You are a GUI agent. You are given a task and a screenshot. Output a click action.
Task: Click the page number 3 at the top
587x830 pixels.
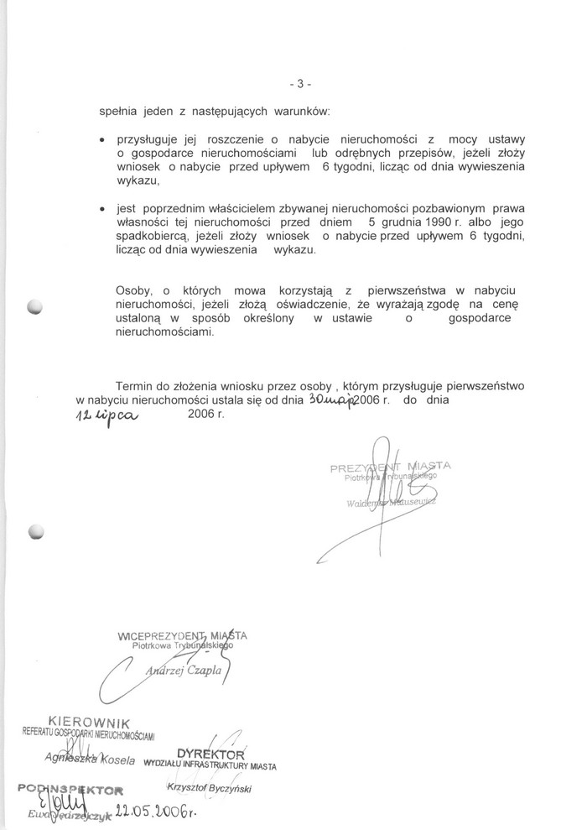pos(299,84)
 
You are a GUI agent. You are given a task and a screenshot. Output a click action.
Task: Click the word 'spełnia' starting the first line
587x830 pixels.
pos(117,111)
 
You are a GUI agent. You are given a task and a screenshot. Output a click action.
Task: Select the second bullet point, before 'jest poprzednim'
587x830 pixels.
pos(101,208)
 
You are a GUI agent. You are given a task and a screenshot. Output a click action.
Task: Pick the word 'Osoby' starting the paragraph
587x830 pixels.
pos(135,290)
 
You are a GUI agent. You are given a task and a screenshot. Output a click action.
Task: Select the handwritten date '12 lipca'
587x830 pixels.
pos(106,417)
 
